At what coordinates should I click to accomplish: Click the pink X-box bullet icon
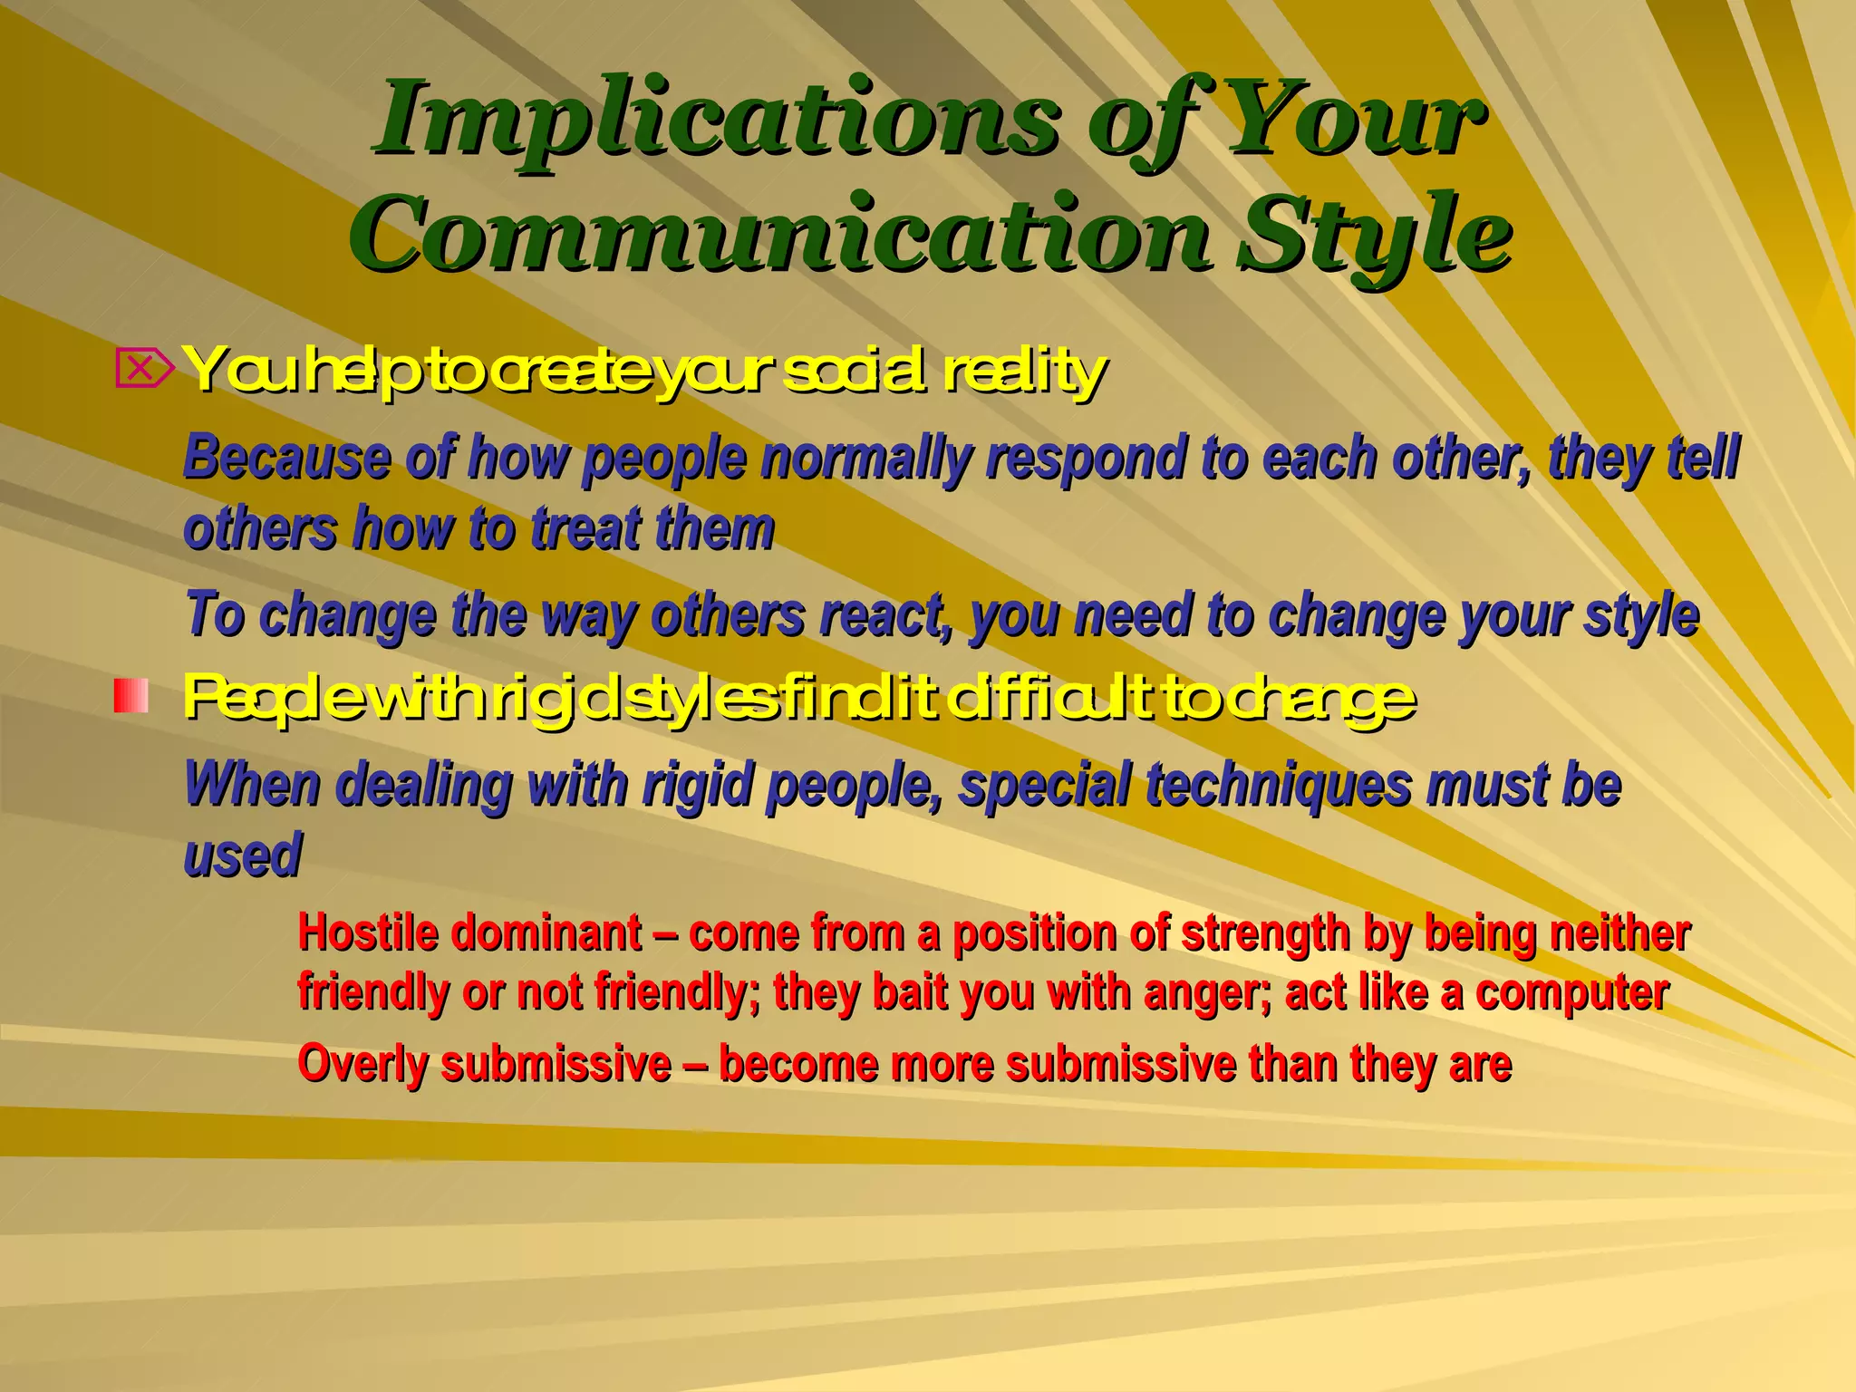click(143, 370)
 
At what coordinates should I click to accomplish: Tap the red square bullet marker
click(131, 696)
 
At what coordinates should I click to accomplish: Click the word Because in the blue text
click(286, 458)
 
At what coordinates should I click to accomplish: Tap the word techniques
click(1277, 785)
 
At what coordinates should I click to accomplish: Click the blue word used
click(242, 855)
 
